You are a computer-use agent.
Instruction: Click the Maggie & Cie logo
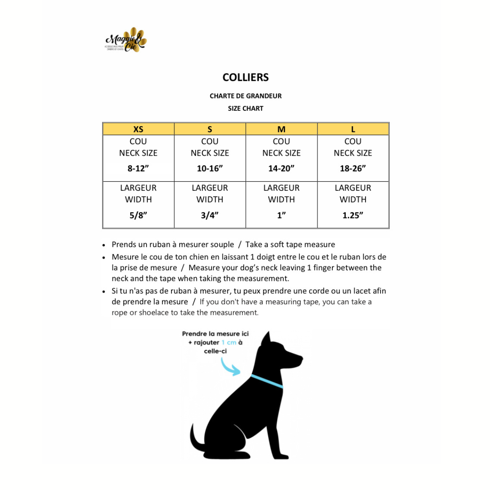pos(126,40)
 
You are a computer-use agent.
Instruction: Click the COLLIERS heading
pos(245,78)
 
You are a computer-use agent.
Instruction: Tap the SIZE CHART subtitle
pos(245,109)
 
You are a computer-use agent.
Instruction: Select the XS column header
pos(138,129)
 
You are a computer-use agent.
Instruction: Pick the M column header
pos(281,129)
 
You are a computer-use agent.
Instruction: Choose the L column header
pos(353,129)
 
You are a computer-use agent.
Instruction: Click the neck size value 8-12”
pos(138,169)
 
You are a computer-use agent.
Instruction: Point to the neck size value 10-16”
pos(210,169)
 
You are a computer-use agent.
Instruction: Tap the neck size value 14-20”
pos(281,169)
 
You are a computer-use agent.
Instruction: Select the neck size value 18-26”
pos(353,169)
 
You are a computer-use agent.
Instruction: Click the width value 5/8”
pos(138,216)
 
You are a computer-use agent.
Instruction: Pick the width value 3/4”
pos(210,216)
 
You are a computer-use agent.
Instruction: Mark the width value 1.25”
pos(353,216)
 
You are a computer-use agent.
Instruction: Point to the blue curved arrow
pos(229,367)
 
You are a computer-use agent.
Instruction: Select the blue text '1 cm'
pos(229,343)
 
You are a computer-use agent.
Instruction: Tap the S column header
pos(210,129)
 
